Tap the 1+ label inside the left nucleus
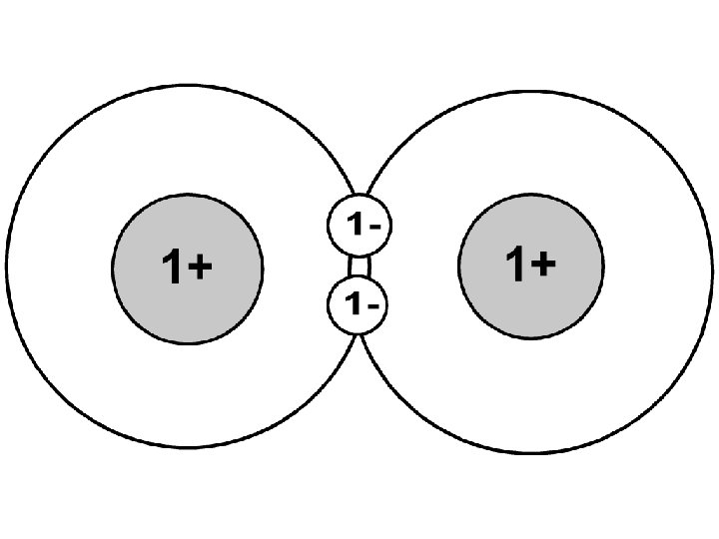[x=187, y=267]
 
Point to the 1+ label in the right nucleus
[x=530, y=265]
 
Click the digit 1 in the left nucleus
[x=171, y=267]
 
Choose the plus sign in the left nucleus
[x=200, y=268]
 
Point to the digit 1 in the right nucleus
[x=515, y=265]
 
